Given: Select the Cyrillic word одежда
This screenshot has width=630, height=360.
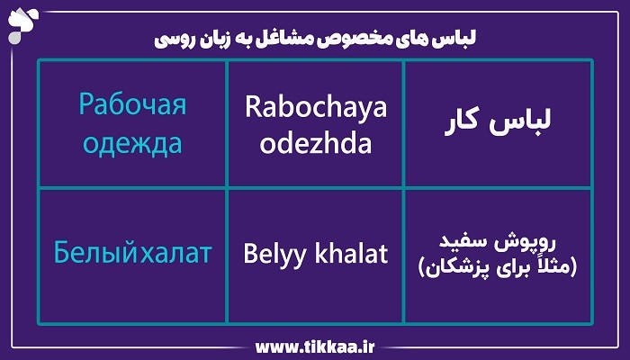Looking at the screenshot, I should click(x=132, y=143).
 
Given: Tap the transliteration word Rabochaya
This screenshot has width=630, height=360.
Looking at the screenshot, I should click(x=316, y=107).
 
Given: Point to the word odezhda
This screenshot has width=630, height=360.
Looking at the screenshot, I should click(x=316, y=144).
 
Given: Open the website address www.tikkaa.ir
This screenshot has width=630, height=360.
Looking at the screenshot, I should click(x=314, y=346).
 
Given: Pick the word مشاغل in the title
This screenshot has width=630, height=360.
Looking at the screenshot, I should click(x=319, y=40).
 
